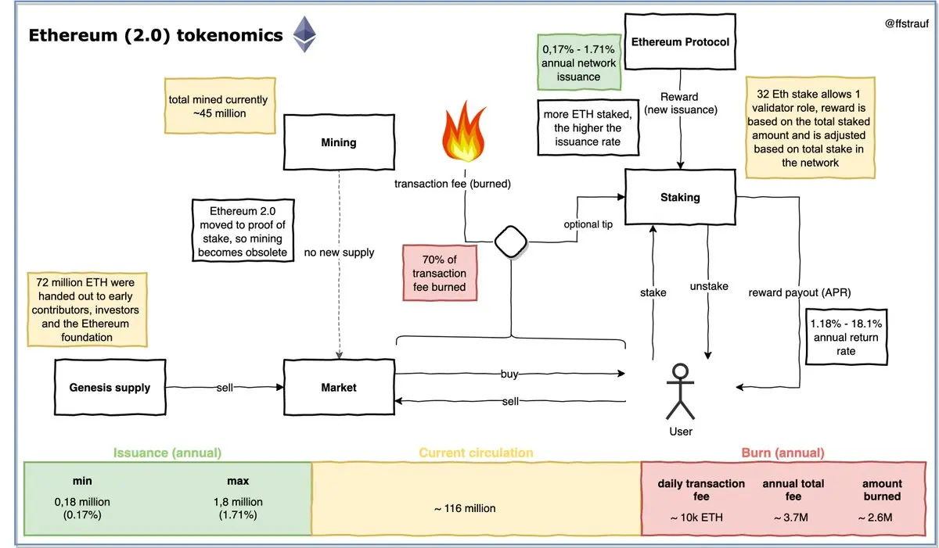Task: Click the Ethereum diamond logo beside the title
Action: [x=304, y=34]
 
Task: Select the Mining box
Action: [x=339, y=142]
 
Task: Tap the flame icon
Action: [x=464, y=131]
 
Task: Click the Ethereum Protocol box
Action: [x=680, y=41]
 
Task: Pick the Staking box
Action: [x=680, y=197]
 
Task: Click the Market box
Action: [x=339, y=387]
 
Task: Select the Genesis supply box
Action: [x=110, y=387]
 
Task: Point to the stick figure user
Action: [x=680, y=392]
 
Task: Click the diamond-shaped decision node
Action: [x=510, y=242]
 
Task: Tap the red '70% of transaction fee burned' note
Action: [x=440, y=273]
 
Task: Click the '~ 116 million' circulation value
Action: [x=465, y=508]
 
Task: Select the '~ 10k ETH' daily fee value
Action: [x=696, y=518]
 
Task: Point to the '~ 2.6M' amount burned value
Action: [x=876, y=518]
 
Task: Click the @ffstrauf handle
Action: [x=906, y=23]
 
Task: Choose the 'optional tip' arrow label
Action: [x=588, y=224]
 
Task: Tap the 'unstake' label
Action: [x=709, y=286]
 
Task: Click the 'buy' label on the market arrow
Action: [x=509, y=374]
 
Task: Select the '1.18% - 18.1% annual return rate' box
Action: [x=846, y=337]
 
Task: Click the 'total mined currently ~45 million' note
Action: [x=220, y=106]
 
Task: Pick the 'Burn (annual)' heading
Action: [x=782, y=453]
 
